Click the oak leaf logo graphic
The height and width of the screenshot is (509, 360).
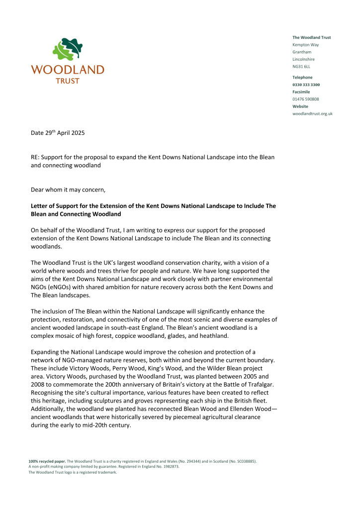click(x=67, y=50)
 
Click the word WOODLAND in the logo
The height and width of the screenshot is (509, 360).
click(x=68, y=70)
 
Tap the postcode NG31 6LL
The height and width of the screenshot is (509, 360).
click(x=301, y=66)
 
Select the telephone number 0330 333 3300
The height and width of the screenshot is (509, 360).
click(x=306, y=85)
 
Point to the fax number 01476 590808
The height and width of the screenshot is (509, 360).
click(x=305, y=99)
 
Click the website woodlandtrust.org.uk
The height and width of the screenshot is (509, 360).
click(x=312, y=113)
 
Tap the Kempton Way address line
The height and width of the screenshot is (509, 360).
click(x=305, y=45)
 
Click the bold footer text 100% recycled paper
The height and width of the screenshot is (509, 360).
click(x=47, y=462)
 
